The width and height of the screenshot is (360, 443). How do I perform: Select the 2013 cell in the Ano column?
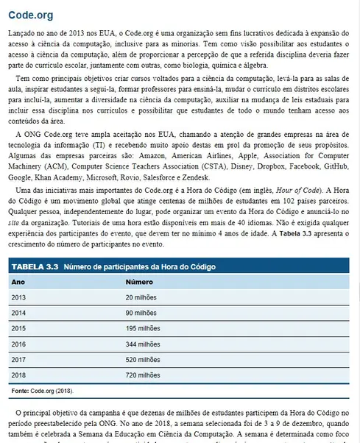(19, 297)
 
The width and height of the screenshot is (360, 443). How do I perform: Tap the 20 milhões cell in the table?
(142, 297)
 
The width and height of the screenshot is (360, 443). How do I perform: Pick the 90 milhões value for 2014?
(142, 312)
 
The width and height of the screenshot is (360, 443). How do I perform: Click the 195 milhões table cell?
(142, 327)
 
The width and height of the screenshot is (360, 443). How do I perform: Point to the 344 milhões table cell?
(142, 343)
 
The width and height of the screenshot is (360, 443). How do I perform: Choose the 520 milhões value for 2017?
(142, 358)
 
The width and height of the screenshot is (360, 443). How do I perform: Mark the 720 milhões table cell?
(142, 374)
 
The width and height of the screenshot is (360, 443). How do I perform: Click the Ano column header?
(18, 281)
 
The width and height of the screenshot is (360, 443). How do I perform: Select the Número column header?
(139, 281)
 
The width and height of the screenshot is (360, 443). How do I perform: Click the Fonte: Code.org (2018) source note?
(42, 390)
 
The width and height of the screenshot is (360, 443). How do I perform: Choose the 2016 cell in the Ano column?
(19, 343)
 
